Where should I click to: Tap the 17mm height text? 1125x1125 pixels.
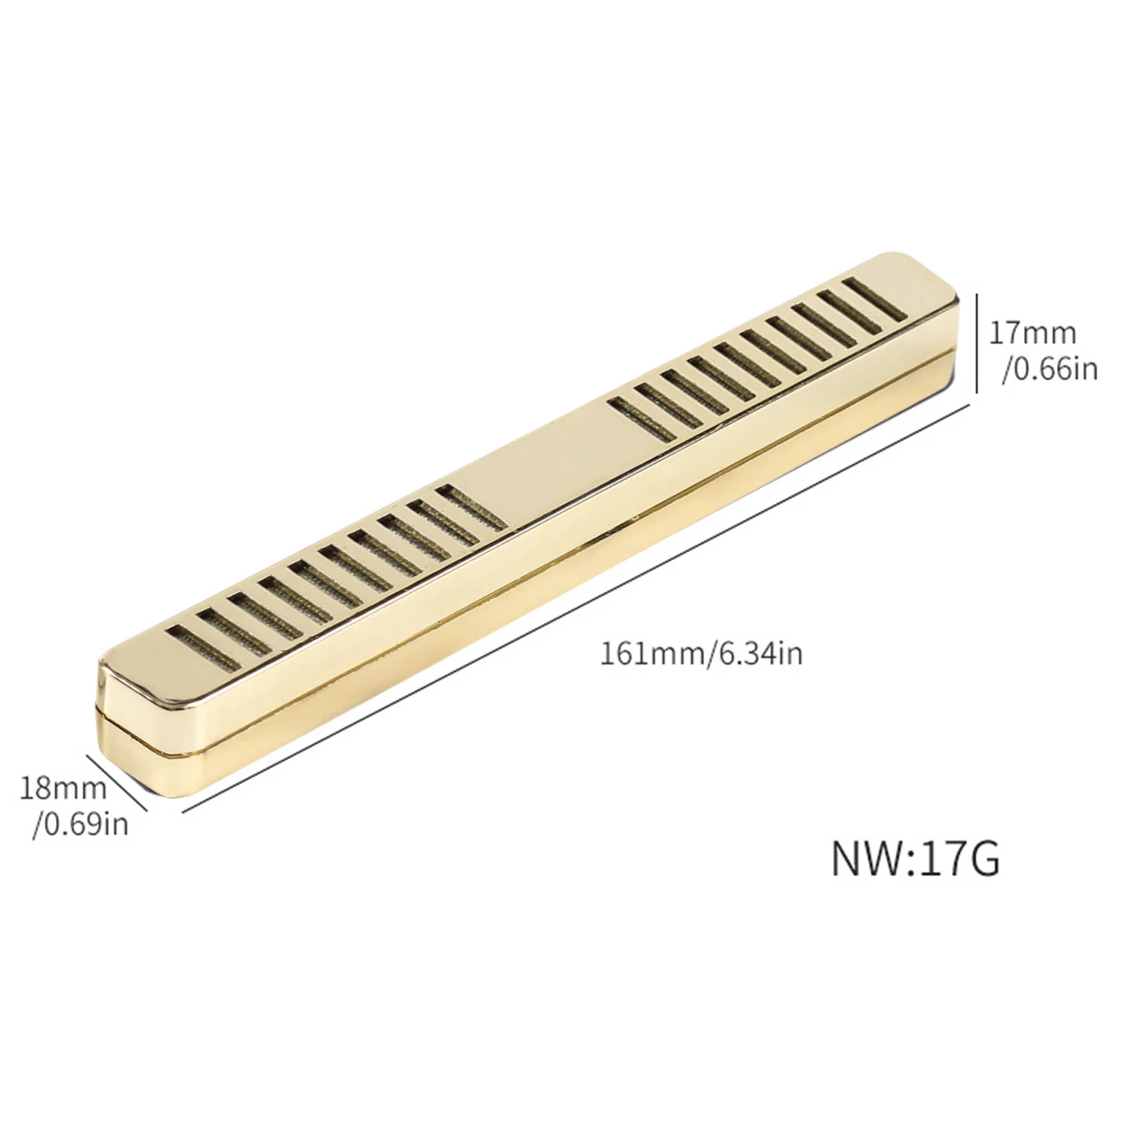[1032, 333]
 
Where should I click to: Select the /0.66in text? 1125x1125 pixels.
[1050, 368]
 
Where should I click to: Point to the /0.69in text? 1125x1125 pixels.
[81, 823]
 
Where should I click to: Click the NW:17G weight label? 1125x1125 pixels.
[915, 859]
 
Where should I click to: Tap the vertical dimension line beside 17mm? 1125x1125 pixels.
[977, 344]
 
